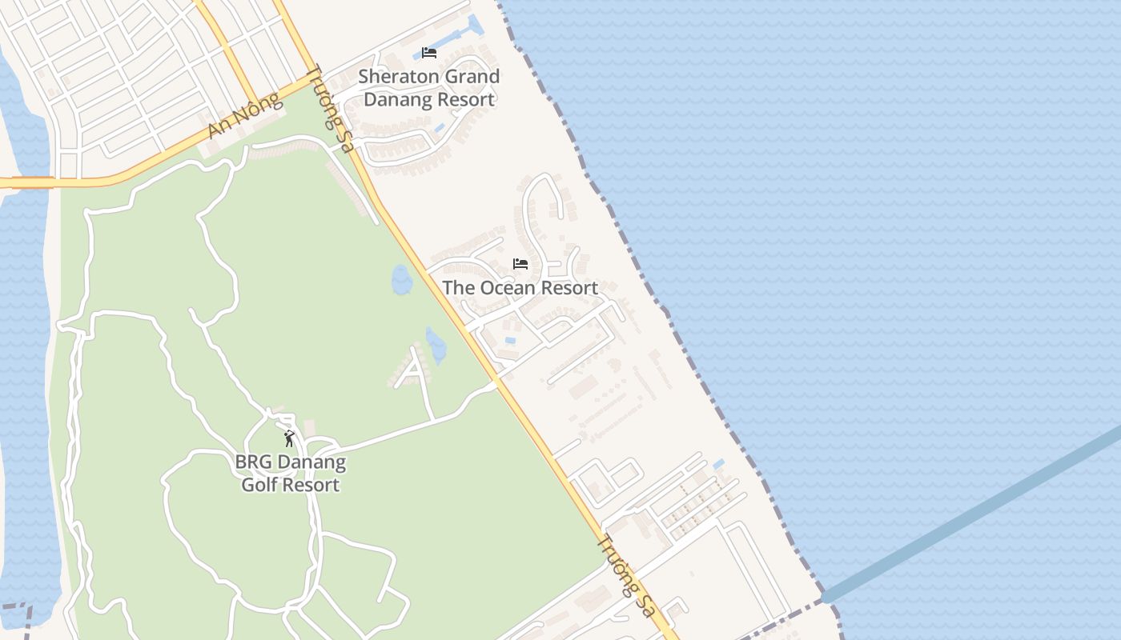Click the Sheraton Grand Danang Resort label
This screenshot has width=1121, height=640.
tap(429, 88)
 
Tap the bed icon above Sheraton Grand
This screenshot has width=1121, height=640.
tap(429, 53)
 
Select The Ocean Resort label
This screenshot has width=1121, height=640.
tap(520, 288)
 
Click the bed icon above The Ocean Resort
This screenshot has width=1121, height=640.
tap(520, 263)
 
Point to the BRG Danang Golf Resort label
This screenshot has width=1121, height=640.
tap(290, 474)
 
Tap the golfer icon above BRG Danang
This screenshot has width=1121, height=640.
tap(289, 438)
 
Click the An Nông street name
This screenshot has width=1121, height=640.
tap(245, 115)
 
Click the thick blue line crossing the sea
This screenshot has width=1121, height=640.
tap(977, 512)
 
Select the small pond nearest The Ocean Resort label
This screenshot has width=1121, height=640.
tap(401, 280)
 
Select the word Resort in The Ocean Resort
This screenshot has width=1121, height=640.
tap(569, 288)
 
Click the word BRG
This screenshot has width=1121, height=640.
tap(252, 462)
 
